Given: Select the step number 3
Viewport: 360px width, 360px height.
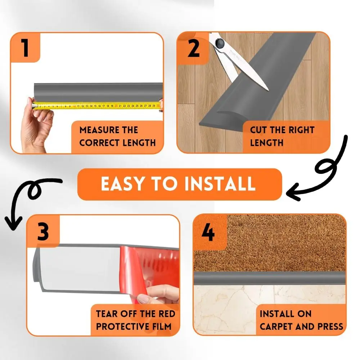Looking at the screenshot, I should coord(43,231).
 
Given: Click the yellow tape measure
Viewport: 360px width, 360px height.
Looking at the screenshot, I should coord(97,106).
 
